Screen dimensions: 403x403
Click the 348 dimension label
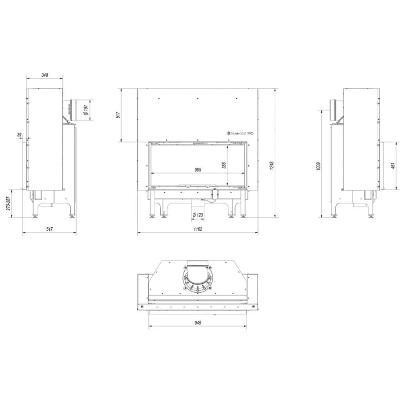tap(44, 75)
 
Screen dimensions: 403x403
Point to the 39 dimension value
tap(20, 135)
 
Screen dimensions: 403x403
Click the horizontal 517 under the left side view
tap(50, 229)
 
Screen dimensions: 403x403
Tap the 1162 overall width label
tap(198, 229)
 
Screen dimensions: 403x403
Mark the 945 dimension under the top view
tap(198, 323)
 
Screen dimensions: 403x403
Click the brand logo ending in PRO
tap(241, 133)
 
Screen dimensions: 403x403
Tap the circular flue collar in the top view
tap(198, 279)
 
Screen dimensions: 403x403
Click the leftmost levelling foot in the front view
tap(152, 215)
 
